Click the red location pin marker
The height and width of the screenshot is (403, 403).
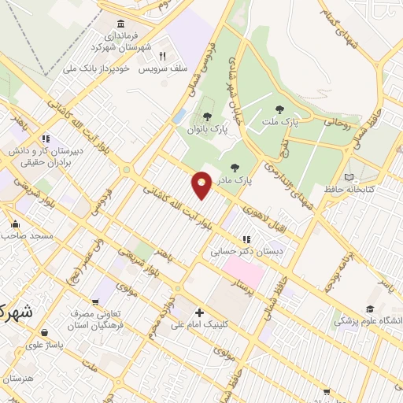(x=202, y=184)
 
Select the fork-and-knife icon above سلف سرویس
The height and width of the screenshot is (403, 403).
(x=161, y=56)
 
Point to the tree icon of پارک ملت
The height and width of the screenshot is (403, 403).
(x=279, y=109)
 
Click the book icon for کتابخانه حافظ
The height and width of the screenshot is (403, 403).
(x=349, y=177)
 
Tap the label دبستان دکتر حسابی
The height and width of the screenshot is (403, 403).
(x=246, y=253)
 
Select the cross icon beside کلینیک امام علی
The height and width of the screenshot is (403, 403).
(x=200, y=312)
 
